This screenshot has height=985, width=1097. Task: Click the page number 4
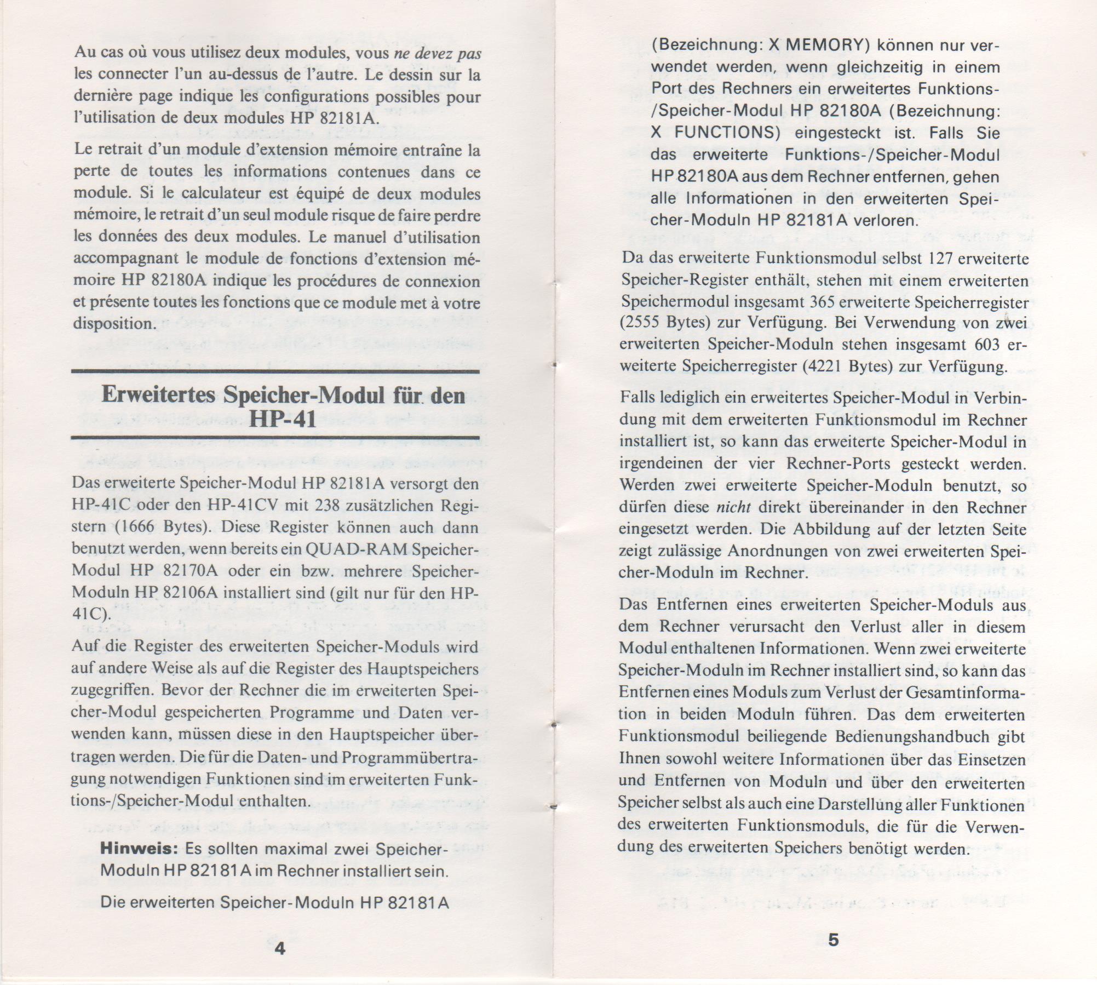pyautogui.click(x=279, y=948)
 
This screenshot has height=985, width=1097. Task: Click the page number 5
pyautogui.click(x=833, y=940)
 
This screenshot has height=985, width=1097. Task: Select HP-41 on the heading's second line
pyautogui.click(x=283, y=419)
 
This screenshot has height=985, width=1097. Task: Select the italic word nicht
pyautogui.click(x=733, y=507)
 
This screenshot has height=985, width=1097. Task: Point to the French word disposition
pyautogui.click(x=112, y=323)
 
